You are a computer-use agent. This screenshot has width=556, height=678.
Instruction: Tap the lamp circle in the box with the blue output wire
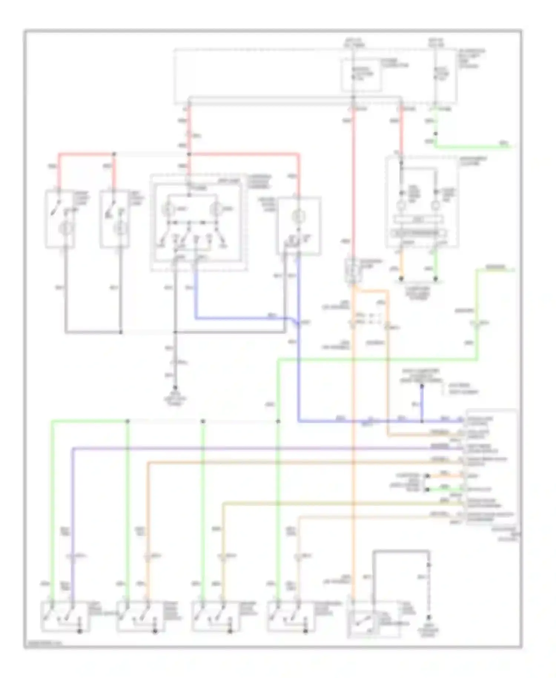(x=297, y=216)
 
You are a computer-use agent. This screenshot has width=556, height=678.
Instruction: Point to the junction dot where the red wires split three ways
(x=189, y=154)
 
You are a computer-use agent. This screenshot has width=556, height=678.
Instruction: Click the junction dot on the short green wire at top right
(x=436, y=134)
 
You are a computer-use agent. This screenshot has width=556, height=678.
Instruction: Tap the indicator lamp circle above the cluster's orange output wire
(x=401, y=205)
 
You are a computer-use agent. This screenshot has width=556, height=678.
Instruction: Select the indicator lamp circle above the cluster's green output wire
(x=436, y=205)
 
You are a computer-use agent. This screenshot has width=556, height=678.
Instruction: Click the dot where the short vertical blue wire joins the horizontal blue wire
(x=422, y=421)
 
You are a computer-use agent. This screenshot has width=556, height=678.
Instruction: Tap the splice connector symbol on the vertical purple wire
(x=73, y=556)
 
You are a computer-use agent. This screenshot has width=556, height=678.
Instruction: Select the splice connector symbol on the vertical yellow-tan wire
(x=223, y=556)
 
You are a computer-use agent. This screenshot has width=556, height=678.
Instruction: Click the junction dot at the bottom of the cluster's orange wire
(x=401, y=279)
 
